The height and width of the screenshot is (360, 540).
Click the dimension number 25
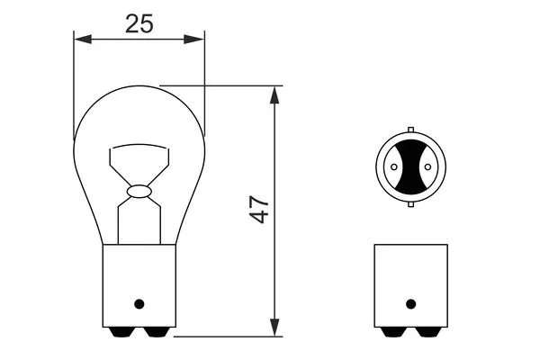[x=138, y=23]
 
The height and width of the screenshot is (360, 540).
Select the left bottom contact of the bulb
[x=123, y=333]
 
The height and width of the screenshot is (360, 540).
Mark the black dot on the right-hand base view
[x=410, y=302]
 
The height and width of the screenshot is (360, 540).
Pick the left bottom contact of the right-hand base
[x=396, y=333]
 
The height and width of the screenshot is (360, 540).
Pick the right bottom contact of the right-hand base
[x=425, y=333]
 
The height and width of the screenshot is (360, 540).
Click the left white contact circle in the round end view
[x=393, y=166]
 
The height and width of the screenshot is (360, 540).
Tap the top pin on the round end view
[x=410, y=130]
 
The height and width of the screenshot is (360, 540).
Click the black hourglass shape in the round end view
[x=410, y=166]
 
